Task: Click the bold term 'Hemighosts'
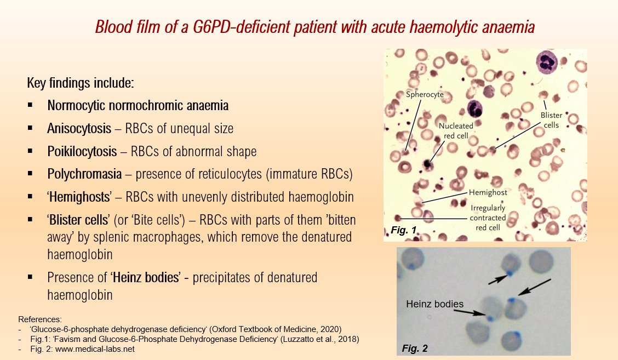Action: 76,197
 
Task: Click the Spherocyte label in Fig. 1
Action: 425,95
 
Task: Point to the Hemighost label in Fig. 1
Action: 488,193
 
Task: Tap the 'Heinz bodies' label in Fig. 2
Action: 434,304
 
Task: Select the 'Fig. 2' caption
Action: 414,348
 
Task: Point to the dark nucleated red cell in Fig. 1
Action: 427,163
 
